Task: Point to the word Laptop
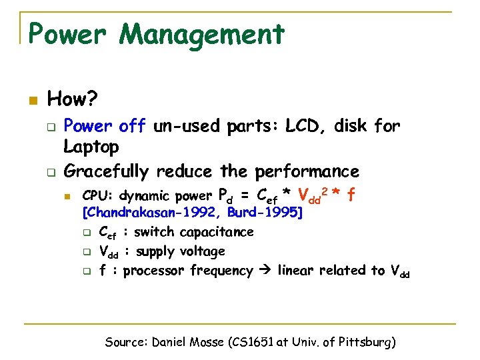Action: [x=91, y=146]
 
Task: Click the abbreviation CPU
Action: [x=94, y=196]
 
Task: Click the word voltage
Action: [x=203, y=251]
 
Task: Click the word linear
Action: [x=295, y=271]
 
